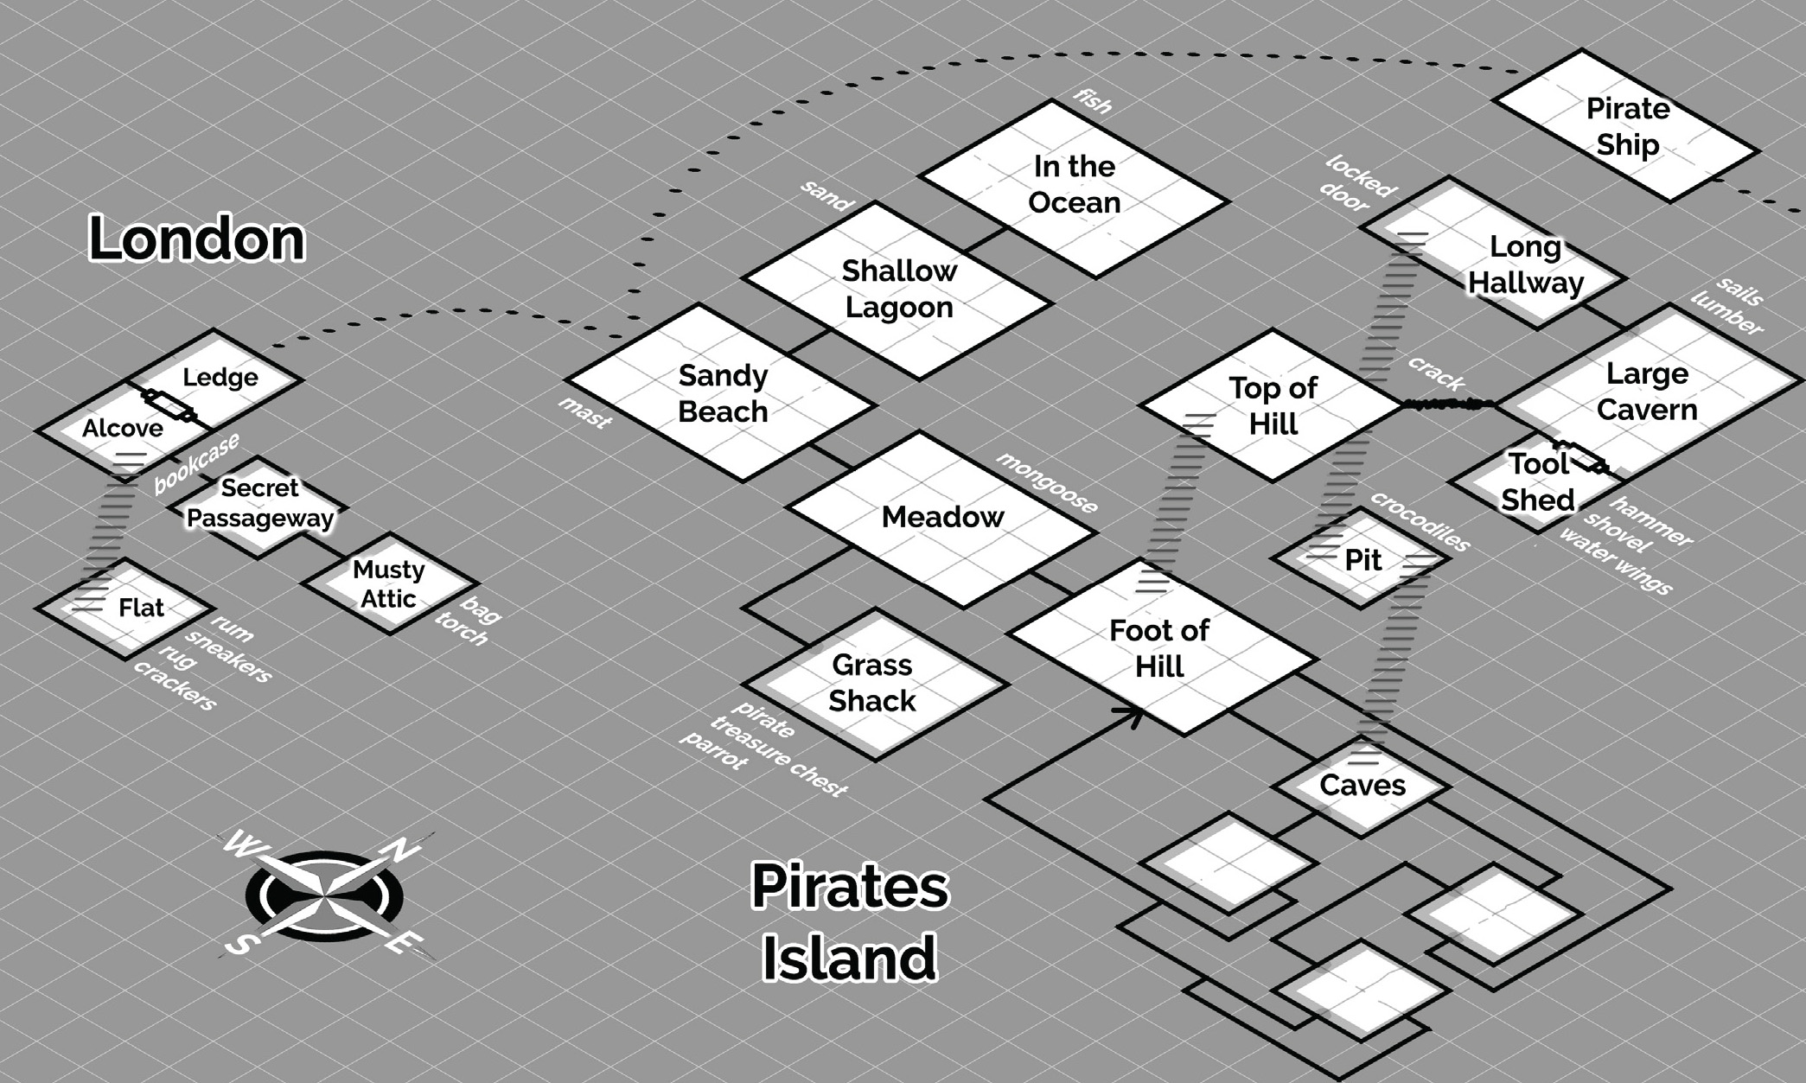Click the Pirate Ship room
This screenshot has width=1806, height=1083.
point(1626,126)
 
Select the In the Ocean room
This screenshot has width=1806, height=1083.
point(1074,185)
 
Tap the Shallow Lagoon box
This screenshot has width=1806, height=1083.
point(898,290)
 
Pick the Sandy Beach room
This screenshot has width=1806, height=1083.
point(722,393)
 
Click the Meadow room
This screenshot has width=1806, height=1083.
point(941,518)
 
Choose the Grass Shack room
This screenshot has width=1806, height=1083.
point(873,683)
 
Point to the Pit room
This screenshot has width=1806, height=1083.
point(1362,560)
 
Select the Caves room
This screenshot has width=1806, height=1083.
point(1362,785)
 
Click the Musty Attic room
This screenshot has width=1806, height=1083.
point(389,584)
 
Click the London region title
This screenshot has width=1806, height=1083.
point(197,239)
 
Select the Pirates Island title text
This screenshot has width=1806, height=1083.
point(849,921)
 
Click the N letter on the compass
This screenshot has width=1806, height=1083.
point(400,850)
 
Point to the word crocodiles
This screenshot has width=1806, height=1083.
point(1420,521)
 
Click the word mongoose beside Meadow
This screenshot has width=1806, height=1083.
point(1047,482)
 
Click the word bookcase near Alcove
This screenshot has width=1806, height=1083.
point(197,463)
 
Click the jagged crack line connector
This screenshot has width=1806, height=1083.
point(1448,404)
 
